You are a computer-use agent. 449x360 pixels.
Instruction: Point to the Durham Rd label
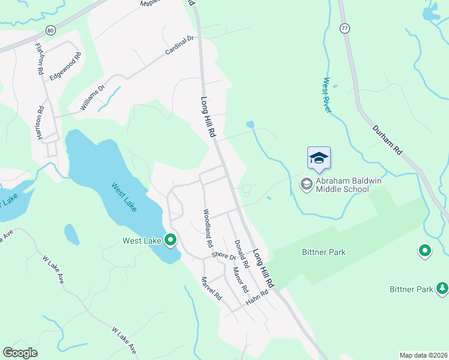(387, 141)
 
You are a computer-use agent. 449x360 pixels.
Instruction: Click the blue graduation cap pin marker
(319, 158)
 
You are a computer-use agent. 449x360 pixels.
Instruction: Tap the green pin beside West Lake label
(170, 241)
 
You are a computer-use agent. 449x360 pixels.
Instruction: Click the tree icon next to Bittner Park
(442, 289)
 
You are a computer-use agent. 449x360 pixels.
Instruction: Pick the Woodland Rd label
(206, 229)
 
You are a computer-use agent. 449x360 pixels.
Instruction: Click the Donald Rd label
(241, 254)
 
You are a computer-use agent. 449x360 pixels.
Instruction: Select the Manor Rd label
(240, 279)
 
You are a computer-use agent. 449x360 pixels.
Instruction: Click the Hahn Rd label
(256, 299)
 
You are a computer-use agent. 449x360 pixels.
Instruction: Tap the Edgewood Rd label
(65, 67)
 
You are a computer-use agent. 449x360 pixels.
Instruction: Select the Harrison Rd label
(41, 123)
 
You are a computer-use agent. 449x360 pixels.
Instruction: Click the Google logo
(20, 353)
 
